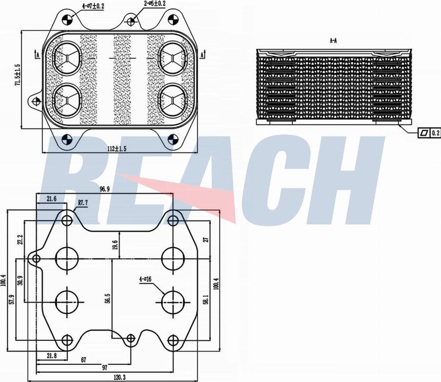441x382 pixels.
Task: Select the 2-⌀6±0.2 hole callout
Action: [x=155, y=3]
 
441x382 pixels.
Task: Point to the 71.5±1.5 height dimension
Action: [x=18, y=75]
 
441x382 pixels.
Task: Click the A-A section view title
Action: [x=333, y=41]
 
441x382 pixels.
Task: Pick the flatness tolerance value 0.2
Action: [x=436, y=132]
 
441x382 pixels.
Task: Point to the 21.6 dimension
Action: [x=51, y=199]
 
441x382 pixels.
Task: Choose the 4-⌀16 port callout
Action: [x=146, y=280]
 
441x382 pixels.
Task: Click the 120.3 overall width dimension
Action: [x=118, y=378]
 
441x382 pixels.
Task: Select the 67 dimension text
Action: [x=84, y=360]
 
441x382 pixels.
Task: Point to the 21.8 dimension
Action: [x=51, y=355]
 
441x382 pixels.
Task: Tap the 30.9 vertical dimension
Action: [x=20, y=280]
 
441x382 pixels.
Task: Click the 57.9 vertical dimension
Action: [x=11, y=299]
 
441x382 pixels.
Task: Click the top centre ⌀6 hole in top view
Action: [x=130, y=21]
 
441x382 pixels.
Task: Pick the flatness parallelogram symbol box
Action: [x=424, y=132]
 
